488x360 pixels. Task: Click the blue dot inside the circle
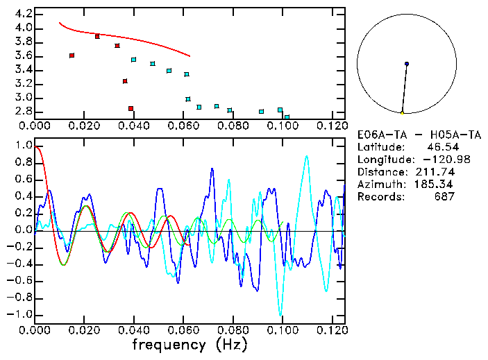tap(407, 64)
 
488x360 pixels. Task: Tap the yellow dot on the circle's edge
tap(402, 112)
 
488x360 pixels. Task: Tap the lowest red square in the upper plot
tap(131, 108)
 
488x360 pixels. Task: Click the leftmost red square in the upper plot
tap(71, 55)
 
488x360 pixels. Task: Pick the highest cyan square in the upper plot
tap(134, 60)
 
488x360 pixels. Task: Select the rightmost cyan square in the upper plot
tap(287, 117)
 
